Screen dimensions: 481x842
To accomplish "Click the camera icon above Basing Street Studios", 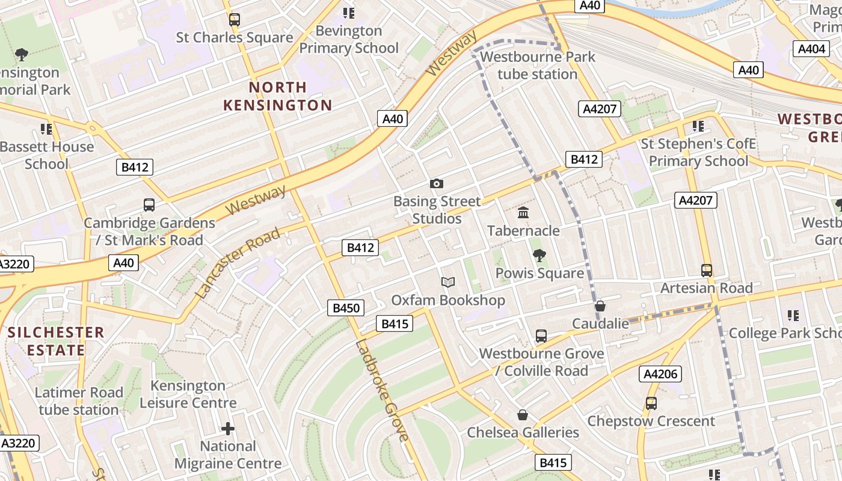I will tap(437, 183).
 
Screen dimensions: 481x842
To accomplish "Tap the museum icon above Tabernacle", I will tap(523, 213).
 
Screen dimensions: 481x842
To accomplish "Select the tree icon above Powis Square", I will tap(539, 256).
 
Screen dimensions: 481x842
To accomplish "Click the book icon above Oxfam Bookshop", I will tap(447, 282).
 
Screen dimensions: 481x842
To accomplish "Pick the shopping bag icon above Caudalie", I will tap(600, 306).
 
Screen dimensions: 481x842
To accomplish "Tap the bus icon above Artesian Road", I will tap(707, 271).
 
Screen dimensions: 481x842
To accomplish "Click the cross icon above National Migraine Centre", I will tap(228, 429).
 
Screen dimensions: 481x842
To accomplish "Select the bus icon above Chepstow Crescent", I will tap(651, 403).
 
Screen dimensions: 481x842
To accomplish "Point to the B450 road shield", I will tap(346, 308).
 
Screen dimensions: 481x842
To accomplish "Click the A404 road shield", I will tap(811, 49).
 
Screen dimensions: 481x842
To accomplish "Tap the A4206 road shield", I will tap(660, 374).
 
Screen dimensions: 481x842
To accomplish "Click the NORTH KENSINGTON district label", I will tap(277, 96).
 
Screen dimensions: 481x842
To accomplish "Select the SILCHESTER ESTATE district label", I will tap(56, 341).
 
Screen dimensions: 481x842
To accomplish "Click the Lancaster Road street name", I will tap(238, 263).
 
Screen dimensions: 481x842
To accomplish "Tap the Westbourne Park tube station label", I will tap(538, 66).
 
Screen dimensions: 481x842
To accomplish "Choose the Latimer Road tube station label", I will tap(79, 401).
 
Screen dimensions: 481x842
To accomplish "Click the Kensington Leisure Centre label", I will tap(188, 394).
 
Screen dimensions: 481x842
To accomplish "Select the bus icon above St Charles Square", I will tap(235, 20).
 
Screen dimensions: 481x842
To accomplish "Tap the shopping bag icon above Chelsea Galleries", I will tap(523, 415).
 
